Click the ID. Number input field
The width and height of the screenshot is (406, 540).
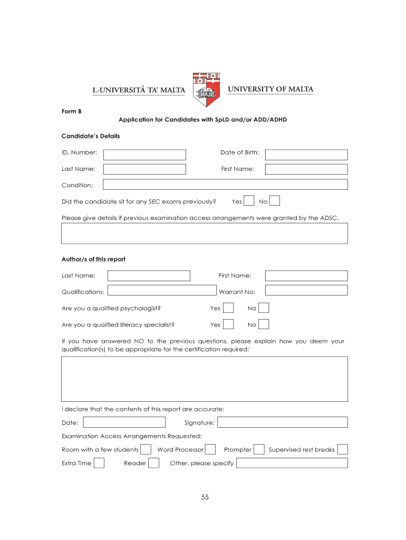click(145, 155)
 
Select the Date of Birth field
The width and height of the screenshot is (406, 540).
click(306, 155)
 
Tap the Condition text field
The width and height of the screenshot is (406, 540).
click(225, 185)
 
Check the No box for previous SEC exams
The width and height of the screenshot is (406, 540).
click(275, 201)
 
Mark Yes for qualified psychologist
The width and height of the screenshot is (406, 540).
click(228, 308)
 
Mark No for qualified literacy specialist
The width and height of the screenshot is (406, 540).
click(264, 324)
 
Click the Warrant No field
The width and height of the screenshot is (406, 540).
click(306, 290)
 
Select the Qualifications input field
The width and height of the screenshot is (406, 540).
click(162, 291)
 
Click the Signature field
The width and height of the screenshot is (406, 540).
click(283, 422)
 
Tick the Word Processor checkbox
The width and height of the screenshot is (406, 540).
click(210, 449)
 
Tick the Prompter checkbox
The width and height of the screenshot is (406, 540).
click(259, 449)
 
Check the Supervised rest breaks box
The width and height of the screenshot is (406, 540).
click(343, 449)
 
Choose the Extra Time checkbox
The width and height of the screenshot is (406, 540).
click(99, 463)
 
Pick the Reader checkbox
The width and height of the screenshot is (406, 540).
click(153, 463)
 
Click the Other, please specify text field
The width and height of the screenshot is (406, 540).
click(292, 463)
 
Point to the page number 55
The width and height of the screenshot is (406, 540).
click(205, 497)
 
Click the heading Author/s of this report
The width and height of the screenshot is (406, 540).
click(93, 259)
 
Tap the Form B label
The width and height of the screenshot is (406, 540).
click(71, 112)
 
